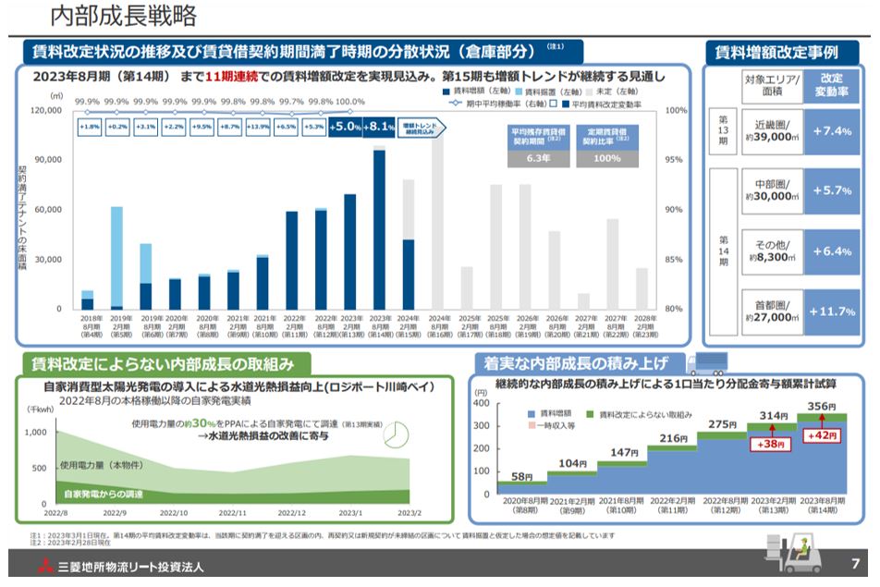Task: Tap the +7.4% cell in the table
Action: pyautogui.click(x=831, y=131)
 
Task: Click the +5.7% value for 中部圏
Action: pyautogui.click(x=831, y=190)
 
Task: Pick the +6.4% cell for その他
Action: pyautogui.click(x=831, y=251)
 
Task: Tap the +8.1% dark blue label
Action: pyautogui.click(x=379, y=128)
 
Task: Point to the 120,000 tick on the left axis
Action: pyautogui.click(x=46, y=111)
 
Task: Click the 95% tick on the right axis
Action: pyautogui.click(x=675, y=160)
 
